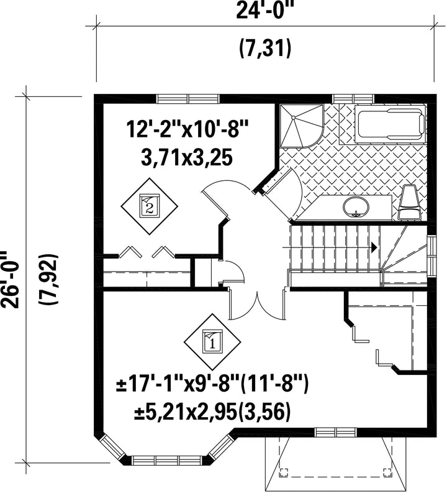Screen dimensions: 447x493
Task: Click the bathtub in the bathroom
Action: (x=390, y=123)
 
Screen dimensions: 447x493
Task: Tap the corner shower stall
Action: (x=301, y=126)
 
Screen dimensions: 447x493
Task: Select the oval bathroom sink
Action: (x=356, y=206)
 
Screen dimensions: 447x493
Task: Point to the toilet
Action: (x=409, y=202)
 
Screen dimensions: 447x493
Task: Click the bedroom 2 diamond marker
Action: (x=150, y=206)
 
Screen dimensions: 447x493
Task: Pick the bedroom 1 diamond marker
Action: (x=212, y=342)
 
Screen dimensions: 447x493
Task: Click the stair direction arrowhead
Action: (x=374, y=247)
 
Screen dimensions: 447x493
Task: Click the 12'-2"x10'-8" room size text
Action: (x=187, y=130)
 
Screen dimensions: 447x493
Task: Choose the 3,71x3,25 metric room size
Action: (x=187, y=158)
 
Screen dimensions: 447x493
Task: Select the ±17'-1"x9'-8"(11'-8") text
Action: (x=212, y=385)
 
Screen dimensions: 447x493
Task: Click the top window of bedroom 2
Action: (x=188, y=98)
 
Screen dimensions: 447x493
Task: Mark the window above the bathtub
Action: (x=353, y=98)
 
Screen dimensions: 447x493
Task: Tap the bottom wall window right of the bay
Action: (x=336, y=433)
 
